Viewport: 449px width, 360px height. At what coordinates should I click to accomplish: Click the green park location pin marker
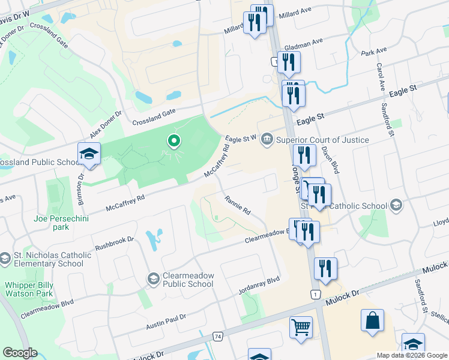pos(174,142)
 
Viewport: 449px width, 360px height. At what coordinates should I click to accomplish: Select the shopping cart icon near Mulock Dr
pos(301,328)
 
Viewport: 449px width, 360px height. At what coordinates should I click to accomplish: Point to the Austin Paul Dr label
pos(166,322)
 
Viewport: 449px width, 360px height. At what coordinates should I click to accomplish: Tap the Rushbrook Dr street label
pos(114,244)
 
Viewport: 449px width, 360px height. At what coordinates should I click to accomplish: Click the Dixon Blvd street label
pos(330,160)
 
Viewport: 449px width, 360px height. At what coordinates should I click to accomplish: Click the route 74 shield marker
pos(217,337)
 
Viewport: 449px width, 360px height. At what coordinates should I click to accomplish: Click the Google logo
pos(20,353)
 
